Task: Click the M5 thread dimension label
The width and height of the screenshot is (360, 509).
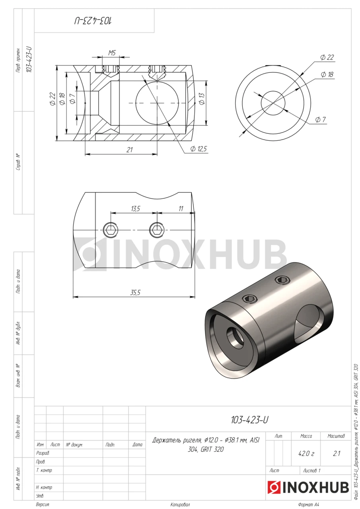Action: (x=112, y=53)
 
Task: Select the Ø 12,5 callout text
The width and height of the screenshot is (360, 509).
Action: (x=198, y=149)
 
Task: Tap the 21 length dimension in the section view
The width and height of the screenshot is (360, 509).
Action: (x=130, y=150)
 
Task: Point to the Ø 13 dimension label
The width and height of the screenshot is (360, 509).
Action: (x=202, y=99)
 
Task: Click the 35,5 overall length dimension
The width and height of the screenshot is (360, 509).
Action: (x=135, y=292)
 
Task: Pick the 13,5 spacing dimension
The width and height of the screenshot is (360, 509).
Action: (x=136, y=209)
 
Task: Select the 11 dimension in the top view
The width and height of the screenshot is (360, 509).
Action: (x=181, y=209)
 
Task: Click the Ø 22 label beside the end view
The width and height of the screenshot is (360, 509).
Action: (x=327, y=57)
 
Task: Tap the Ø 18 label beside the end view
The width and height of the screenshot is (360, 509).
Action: (x=327, y=74)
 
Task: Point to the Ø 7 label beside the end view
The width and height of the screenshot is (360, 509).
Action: (x=321, y=120)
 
